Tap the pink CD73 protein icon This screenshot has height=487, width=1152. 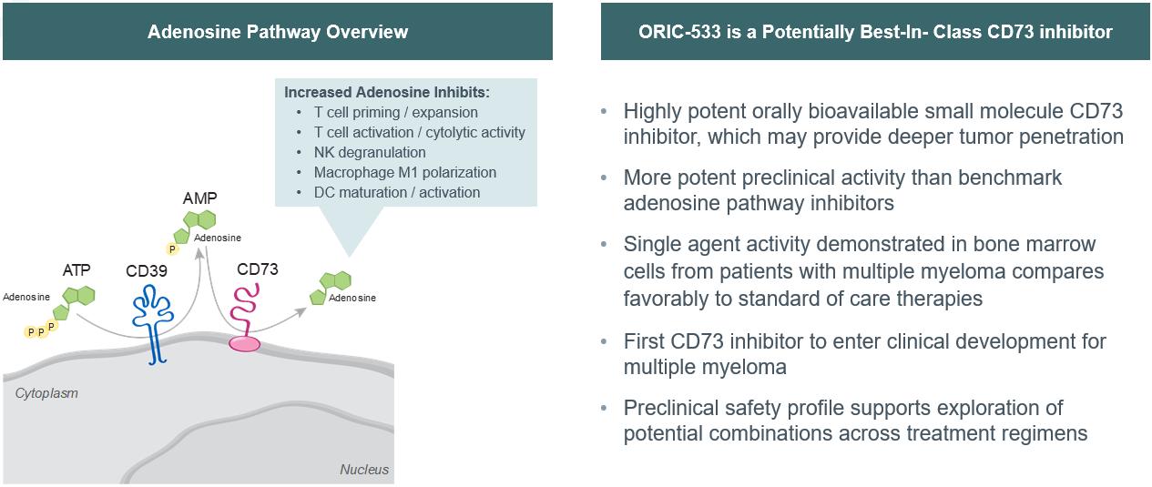pos(244,319)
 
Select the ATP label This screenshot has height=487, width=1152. pos(76,270)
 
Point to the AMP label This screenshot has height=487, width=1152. pos(200,198)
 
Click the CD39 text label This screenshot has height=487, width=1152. pos(147,271)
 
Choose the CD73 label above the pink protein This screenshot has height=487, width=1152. pos(258,269)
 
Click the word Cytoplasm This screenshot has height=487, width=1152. pos(46,393)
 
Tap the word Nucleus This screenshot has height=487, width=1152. pos(364,470)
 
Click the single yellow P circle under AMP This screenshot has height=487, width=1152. pos(172,249)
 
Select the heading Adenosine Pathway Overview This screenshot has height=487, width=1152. pos(278,32)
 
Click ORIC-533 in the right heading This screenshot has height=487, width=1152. pos(679,32)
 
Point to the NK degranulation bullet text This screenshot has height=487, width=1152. pos(370,153)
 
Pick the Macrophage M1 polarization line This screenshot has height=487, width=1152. pos(405,172)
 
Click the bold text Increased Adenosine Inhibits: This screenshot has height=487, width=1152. pos(387,92)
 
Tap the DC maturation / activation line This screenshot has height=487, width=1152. pos(397,192)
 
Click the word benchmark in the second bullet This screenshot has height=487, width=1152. pos(1010,178)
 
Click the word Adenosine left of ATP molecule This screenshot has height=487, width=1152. pos(26,298)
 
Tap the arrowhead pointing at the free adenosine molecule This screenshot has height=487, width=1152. pos(301,312)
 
